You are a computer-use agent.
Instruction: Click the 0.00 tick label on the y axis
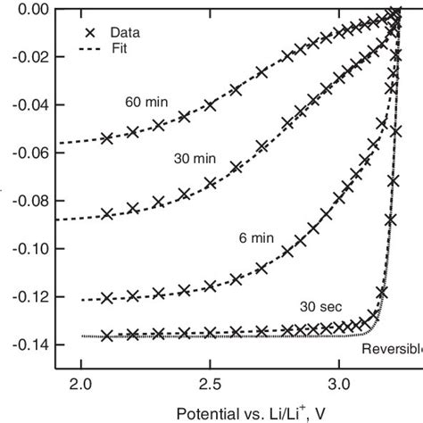pos(30,9)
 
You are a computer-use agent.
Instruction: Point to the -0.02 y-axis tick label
pos(28,57)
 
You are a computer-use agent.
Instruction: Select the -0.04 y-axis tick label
pos(28,104)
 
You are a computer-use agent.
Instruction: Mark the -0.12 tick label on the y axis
pos(28,296)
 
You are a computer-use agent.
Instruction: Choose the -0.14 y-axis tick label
pos(28,344)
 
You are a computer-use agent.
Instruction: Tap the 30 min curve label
pos(194,157)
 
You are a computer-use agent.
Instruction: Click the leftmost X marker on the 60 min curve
pos(107,138)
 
